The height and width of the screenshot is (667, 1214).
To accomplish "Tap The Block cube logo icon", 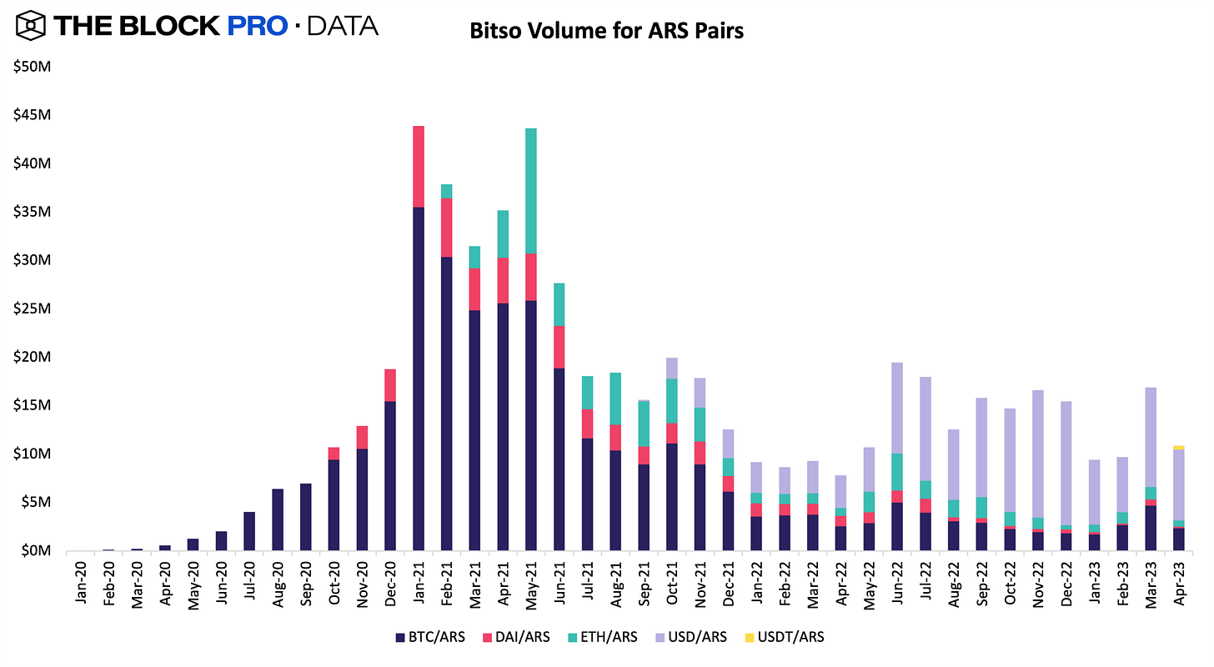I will tap(28, 25).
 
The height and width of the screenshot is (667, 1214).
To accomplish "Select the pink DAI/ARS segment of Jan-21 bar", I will tap(419, 166).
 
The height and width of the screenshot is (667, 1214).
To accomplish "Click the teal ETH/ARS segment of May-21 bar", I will tap(531, 190).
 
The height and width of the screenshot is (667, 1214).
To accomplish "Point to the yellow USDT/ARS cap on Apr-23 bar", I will tap(1178, 448).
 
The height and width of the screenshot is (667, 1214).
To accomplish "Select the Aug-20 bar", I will tap(278, 519).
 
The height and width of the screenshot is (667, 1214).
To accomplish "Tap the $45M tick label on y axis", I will tap(32, 115).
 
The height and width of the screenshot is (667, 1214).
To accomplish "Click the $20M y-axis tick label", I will tap(32, 357).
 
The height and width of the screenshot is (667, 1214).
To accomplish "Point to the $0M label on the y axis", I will tap(35, 550).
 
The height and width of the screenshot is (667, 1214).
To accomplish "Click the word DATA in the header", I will tap(343, 26).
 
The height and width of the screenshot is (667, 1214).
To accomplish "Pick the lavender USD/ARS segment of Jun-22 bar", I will tap(896, 408).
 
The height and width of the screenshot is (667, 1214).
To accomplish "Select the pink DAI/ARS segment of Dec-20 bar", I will tap(390, 384).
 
